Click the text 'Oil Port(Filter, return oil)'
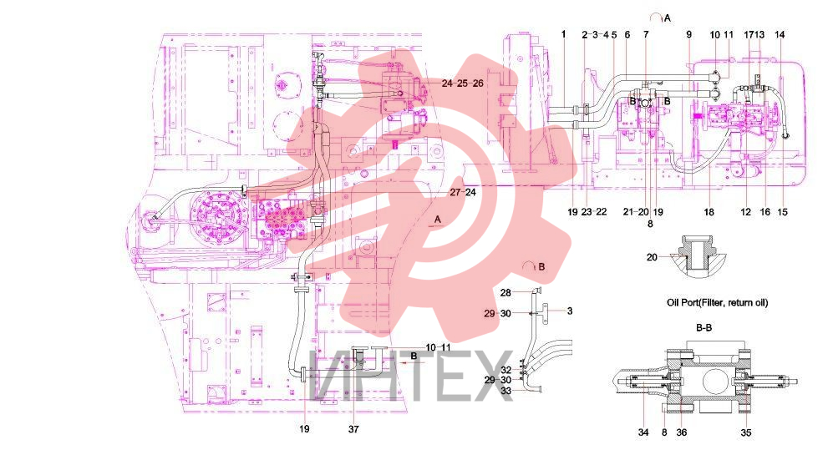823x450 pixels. coord(717,302)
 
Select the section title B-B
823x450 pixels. coord(704,328)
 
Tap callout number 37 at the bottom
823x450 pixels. coord(353,429)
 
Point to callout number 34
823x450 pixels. coord(643,432)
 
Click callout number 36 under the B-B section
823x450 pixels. coord(681,432)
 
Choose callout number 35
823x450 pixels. coord(746,432)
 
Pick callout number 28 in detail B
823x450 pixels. coord(505,293)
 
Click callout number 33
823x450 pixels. coord(506,391)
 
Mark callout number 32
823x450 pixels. coord(506,371)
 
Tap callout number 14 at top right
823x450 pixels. coord(780,34)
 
